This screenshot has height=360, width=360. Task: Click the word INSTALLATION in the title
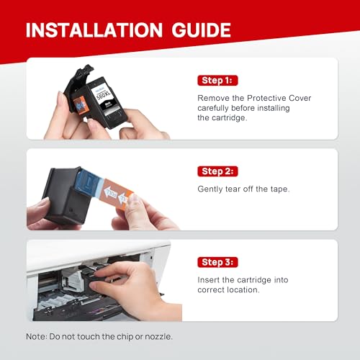(94, 30)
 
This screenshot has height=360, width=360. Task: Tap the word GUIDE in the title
(201, 30)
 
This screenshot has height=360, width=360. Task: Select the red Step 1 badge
(217, 81)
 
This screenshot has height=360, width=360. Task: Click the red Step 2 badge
(217, 171)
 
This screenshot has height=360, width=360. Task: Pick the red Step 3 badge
(217, 262)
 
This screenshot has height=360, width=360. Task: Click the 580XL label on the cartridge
(104, 95)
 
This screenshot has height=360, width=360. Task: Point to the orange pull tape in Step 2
(116, 193)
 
